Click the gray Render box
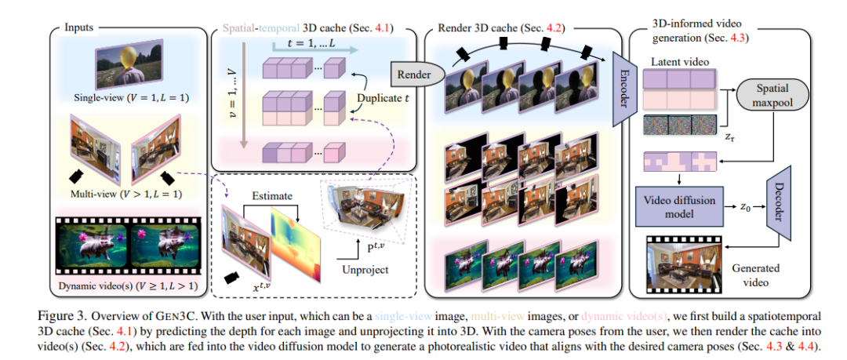pos(413,75)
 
